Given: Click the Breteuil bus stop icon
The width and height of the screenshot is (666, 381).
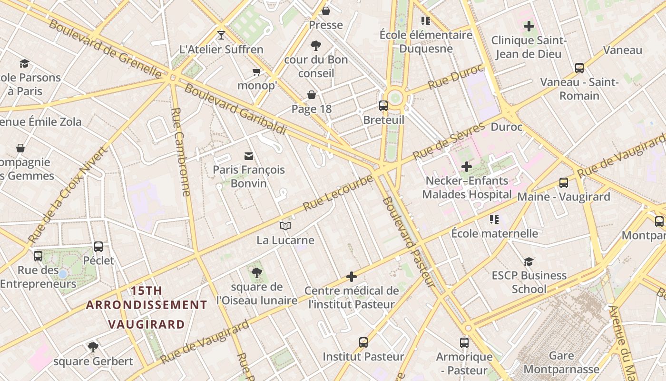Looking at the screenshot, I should pyautogui.click(x=383, y=105).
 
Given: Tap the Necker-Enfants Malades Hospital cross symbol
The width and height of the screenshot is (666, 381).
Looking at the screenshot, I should pyautogui.click(x=467, y=166).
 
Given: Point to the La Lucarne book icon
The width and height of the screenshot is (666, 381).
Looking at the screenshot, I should pyautogui.click(x=285, y=226).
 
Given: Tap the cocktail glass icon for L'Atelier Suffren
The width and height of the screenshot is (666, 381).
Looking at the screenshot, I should pyautogui.click(x=221, y=35).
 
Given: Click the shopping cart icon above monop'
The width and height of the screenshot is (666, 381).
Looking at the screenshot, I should pyautogui.click(x=257, y=71).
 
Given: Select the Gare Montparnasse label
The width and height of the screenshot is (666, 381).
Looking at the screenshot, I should pyautogui.click(x=561, y=362).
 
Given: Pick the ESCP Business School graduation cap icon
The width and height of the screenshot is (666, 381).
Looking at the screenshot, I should pyautogui.click(x=529, y=261).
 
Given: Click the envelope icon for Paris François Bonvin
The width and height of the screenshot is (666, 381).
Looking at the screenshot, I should pyautogui.click(x=248, y=156).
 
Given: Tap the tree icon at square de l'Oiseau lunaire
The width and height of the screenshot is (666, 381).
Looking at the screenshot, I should pyautogui.click(x=256, y=272).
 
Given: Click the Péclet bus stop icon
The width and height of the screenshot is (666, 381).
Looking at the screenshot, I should pyautogui.click(x=98, y=246).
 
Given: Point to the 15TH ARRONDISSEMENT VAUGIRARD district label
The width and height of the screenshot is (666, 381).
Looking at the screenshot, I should pyautogui.click(x=147, y=307).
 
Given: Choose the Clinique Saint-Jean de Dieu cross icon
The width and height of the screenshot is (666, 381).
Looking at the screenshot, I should pyautogui.click(x=529, y=26).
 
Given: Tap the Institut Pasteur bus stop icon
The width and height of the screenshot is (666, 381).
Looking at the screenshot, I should pyautogui.click(x=363, y=342).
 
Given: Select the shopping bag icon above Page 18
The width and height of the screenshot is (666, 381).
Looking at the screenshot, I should pyautogui.click(x=312, y=95).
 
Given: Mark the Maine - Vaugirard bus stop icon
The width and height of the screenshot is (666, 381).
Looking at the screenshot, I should pyautogui.click(x=564, y=182).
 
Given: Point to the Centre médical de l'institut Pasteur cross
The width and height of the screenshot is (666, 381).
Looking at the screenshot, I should pyautogui.click(x=352, y=276).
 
